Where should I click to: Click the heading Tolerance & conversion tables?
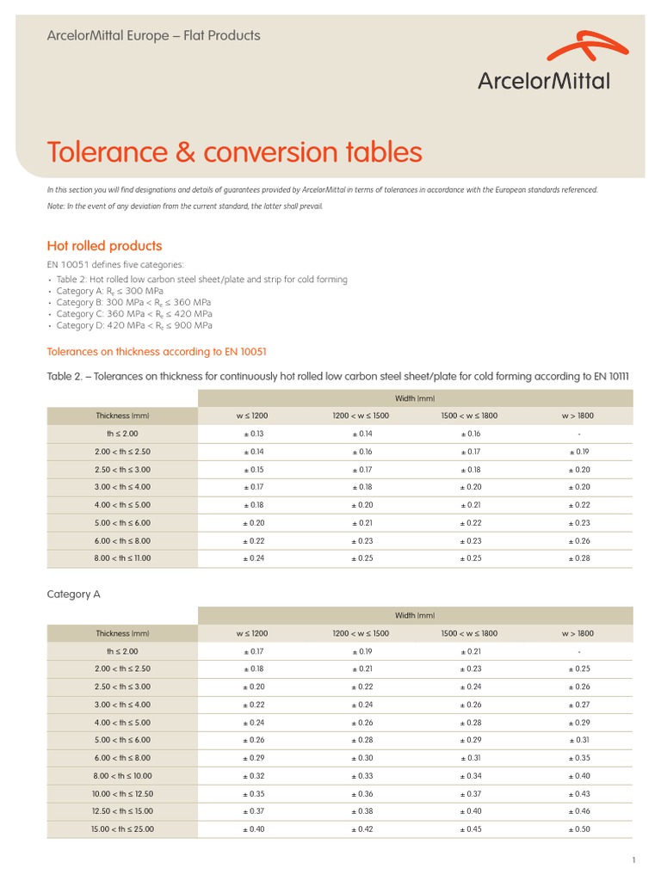tap(234, 152)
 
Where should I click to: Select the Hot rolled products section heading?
tap(104, 246)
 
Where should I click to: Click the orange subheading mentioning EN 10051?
tap(162, 351)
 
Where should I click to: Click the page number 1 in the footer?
tap(633, 860)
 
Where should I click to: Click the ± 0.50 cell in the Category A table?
tap(580, 829)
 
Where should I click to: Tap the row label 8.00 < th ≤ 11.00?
tap(122, 558)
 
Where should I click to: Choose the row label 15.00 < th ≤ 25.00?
tap(122, 829)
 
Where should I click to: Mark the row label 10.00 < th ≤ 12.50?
tap(122, 794)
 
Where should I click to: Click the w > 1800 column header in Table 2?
tap(578, 416)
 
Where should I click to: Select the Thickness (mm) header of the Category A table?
tap(122, 633)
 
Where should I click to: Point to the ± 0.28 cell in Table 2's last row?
tap(579, 558)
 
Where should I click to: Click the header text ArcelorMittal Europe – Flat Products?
tap(153, 36)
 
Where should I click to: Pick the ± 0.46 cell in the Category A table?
tap(580, 811)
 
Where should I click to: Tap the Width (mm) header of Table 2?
tap(415, 398)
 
